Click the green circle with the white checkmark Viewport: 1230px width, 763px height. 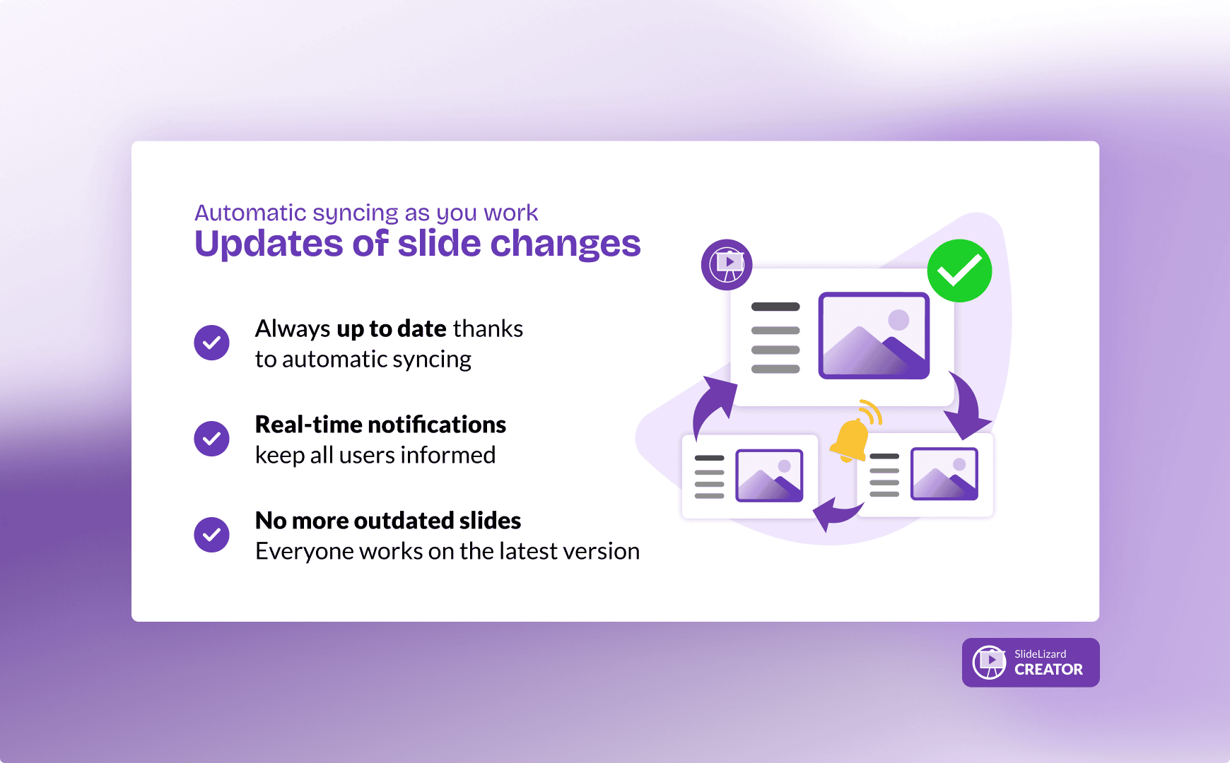click(959, 271)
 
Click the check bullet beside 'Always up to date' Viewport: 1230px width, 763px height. click(211, 343)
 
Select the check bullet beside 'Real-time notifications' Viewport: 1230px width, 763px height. click(211, 439)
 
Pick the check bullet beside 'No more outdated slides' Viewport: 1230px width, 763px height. click(211, 535)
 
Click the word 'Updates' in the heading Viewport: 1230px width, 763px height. click(269, 244)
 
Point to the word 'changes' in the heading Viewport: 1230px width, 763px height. click(566, 244)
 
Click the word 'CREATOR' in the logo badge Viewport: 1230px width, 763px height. click(1048, 670)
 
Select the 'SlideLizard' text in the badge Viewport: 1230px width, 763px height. click(1040, 654)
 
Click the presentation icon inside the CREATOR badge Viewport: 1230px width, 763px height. click(990, 663)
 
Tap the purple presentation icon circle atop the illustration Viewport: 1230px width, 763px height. click(727, 265)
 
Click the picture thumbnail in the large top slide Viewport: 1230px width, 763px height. click(874, 336)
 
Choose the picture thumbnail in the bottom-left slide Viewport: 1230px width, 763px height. click(769, 475)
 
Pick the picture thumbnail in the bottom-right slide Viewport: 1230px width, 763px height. click(944, 474)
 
